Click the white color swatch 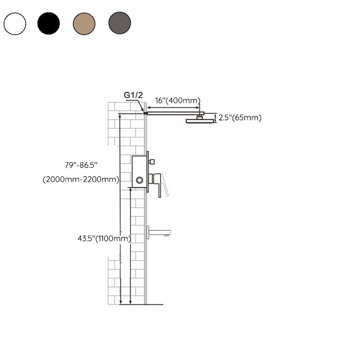pos(15,23)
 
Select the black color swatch pos(49,23)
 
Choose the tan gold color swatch pos(84,23)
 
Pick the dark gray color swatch pos(120,23)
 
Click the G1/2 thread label pos(133,95)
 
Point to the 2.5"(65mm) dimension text pos(241,118)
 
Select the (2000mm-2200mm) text pos(81,180)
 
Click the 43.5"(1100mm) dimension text pos(104,238)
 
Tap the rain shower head pos(198,121)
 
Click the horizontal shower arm pos(173,113)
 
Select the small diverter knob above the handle pos(152,161)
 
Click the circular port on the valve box pos(139,180)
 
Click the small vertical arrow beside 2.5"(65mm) pos(215,118)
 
